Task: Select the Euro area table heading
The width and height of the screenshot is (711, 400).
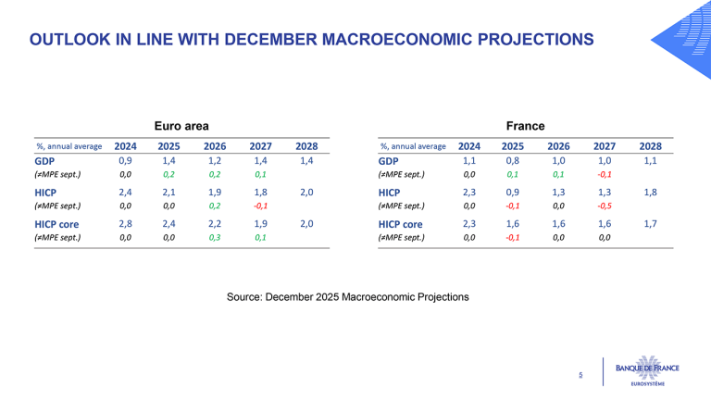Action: click(181, 126)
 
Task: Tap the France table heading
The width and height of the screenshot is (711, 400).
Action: click(525, 126)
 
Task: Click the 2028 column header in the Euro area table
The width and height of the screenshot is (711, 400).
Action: click(306, 146)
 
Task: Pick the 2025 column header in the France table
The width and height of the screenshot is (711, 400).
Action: click(512, 146)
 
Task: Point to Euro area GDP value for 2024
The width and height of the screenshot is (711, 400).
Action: click(125, 160)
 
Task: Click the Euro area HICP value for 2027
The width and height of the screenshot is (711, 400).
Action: click(260, 193)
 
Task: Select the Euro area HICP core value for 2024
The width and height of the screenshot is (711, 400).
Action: click(125, 223)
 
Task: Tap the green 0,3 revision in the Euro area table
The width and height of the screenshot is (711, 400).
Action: click(215, 237)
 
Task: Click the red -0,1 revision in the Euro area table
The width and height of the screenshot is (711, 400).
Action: click(260, 206)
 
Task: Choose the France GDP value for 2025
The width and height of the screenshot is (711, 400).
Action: click(512, 160)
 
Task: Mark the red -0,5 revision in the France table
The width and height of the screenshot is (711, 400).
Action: click(605, 206)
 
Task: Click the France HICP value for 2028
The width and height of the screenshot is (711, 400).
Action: click(650, 193)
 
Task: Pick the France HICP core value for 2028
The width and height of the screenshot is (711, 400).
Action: click(650, 223)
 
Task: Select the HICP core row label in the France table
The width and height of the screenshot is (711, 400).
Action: click(400, 224)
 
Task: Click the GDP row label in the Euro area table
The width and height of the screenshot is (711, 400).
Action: click(44, 161)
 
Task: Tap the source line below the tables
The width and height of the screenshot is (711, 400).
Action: click(348, 297)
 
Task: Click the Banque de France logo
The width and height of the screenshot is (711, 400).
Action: click(647, 371)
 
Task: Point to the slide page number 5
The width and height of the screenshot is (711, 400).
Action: click(580, 375)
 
